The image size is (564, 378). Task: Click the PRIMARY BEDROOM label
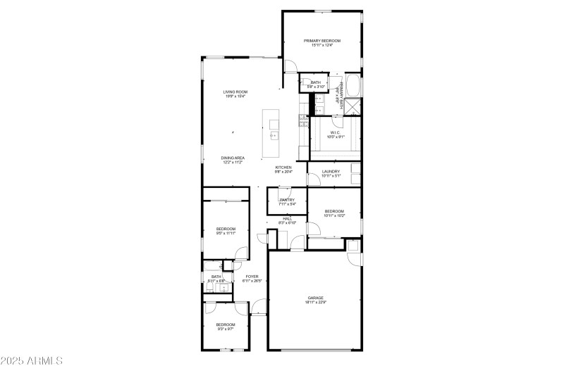(x=322, y=41)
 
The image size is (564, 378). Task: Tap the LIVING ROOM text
(x=235, y=92)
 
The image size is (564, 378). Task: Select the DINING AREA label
(x=233, y=158)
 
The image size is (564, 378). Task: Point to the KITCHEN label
(x=283, y=168)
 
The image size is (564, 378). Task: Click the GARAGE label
(x=314, y=298)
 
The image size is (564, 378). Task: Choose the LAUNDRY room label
(x=331, y=171)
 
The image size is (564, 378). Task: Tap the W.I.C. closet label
(x=336, y=132)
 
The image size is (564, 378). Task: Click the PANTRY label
(x=286, y=200)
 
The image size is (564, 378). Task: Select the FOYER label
(x=252, y=277)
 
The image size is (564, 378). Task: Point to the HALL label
(x=287, y=218)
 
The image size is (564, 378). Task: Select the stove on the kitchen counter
(x=304, y=125)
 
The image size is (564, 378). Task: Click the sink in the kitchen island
(x=274, y=134)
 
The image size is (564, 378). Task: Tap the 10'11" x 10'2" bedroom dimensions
(x=334, y=216)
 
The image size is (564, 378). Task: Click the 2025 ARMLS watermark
(x=32, y=361)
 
